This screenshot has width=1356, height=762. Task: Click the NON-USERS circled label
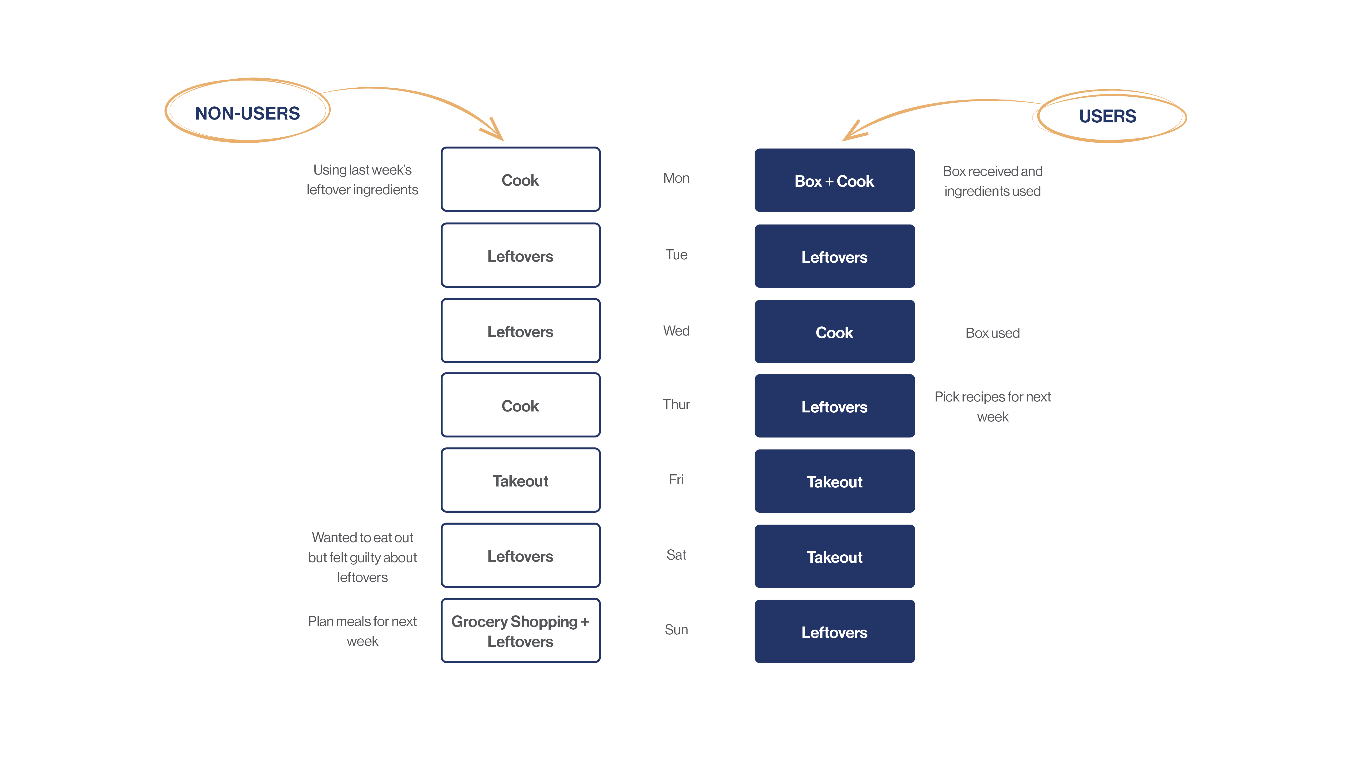(247, 113)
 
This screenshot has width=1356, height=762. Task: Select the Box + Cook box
(834, 180)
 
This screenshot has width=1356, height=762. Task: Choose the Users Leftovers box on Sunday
(834, 632)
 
